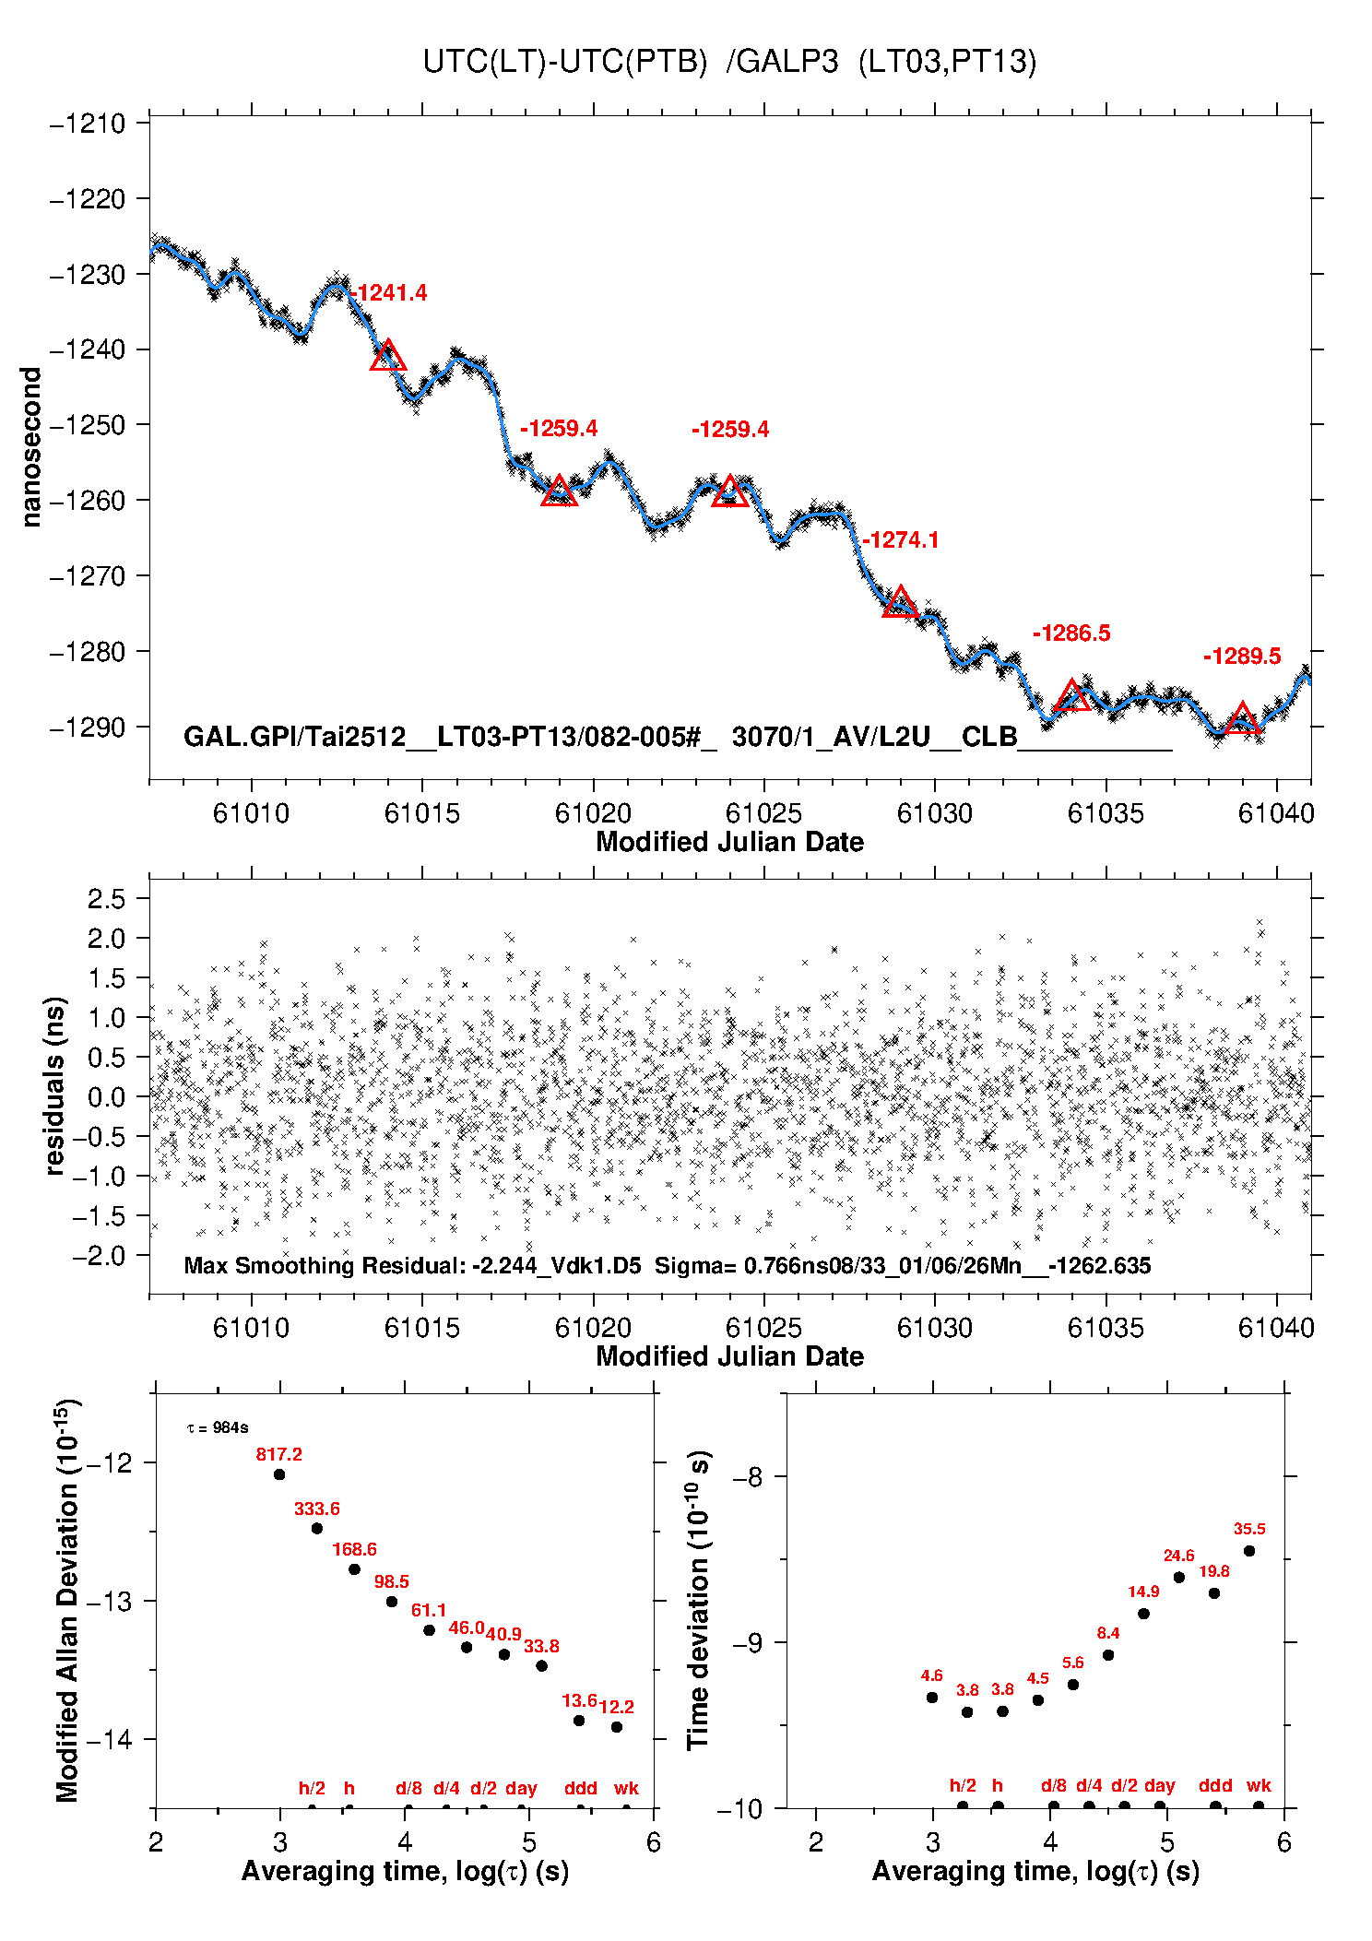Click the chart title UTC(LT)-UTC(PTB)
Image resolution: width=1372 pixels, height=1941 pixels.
(x=564, y=62)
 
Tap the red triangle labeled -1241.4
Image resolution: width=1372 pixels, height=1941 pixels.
(x=387, y=356)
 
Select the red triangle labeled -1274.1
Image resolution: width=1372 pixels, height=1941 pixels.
(x=900, y=602)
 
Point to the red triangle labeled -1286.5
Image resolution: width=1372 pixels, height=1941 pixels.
(x=1071, y=696)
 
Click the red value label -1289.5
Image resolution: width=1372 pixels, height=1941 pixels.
(x=1241, y=657)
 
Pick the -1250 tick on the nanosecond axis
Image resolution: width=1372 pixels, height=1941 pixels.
(x=87, y=425)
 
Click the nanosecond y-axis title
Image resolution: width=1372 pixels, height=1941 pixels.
(x=32, y=447)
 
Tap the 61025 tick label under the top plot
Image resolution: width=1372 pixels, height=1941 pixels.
(x=763, y=813)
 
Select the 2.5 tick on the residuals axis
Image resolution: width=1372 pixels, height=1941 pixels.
(x=105, y=899)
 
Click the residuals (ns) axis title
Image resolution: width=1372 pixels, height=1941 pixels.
(x=55, y=1085)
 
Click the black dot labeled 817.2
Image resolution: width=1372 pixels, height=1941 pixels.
(x=279, y=1474)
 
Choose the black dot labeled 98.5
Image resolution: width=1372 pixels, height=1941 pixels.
(x=392, y=1602)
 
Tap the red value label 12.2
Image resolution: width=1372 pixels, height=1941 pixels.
(x=616, y=1706)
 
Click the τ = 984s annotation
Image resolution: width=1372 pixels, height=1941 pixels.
(x=218, y=1427)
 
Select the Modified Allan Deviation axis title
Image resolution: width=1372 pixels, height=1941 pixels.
(x=67, y=1601)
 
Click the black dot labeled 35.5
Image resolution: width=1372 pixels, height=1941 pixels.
(x=1249, y=1551)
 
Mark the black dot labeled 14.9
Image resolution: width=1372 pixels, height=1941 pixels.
(x=1143, y=1614)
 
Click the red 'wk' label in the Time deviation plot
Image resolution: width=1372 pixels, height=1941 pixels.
(x=1259, y=1786)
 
